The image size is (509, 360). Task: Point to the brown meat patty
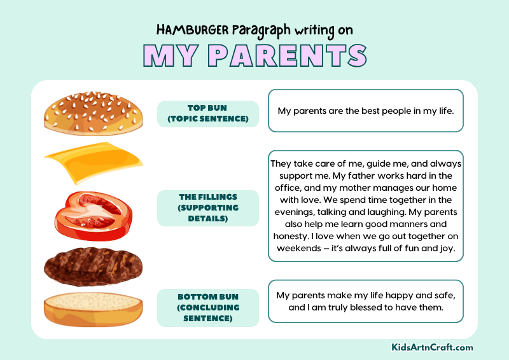click(x=93, y=265)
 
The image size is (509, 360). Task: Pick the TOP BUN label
click(x=207, y=113)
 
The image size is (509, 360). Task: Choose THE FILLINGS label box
click(x=207, y=207)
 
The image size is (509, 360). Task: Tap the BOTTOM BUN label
click(x=207, y=307)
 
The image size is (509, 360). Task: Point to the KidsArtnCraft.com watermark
click(x=433, y=347)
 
